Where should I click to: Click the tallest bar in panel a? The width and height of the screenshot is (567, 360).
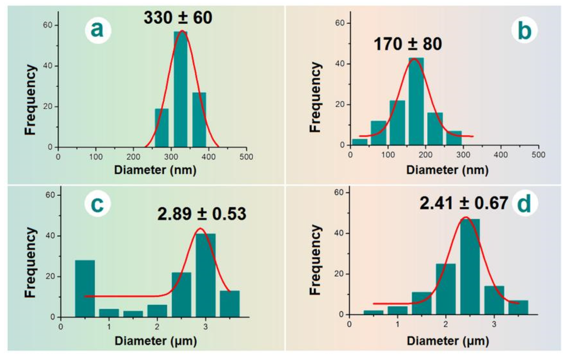point(180,89)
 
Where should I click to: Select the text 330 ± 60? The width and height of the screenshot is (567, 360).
point(178,18)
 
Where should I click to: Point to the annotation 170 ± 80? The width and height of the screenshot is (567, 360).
point(408,44)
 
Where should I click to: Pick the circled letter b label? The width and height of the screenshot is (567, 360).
point(524,31)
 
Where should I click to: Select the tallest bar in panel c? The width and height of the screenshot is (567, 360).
point(206,275)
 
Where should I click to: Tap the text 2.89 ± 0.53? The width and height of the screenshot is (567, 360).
point(202,214)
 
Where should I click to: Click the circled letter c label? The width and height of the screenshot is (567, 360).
point(97,204)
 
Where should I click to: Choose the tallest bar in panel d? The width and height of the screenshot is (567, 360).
point(470,267)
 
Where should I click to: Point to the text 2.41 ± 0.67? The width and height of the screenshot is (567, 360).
point(464,203)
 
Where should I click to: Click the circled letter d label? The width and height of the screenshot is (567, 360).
point(524,204)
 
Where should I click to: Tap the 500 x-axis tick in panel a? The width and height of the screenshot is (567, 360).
point(246,157)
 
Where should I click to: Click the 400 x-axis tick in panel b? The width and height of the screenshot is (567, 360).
point(501,155)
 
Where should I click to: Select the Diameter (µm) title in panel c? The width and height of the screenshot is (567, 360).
point(156,341)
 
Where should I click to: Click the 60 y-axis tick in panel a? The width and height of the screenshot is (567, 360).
point(47,25)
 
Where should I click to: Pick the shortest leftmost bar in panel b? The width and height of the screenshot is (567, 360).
point(359,142)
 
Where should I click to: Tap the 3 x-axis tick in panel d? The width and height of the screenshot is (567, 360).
point(494,324)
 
